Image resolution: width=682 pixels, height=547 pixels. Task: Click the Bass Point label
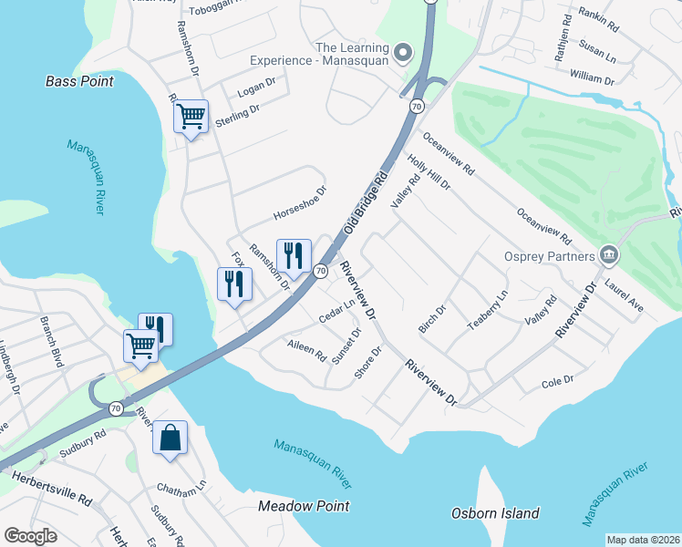79,81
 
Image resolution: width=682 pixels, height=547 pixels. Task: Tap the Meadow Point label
304,505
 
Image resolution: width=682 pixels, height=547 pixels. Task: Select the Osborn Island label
495,513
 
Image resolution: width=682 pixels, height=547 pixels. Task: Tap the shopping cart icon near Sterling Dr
191,116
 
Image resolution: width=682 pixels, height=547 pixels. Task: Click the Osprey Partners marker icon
608,255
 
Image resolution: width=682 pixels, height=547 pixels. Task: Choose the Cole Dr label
556,380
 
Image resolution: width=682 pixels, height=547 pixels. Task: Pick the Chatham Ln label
181,491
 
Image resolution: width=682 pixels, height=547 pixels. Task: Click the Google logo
31,535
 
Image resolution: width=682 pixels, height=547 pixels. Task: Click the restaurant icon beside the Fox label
234,284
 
